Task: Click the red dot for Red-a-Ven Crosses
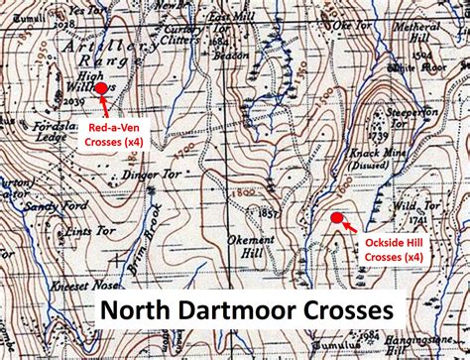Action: [100, 88]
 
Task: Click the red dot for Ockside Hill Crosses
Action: [336, 218]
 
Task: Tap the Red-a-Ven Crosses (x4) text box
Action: [112, 136]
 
